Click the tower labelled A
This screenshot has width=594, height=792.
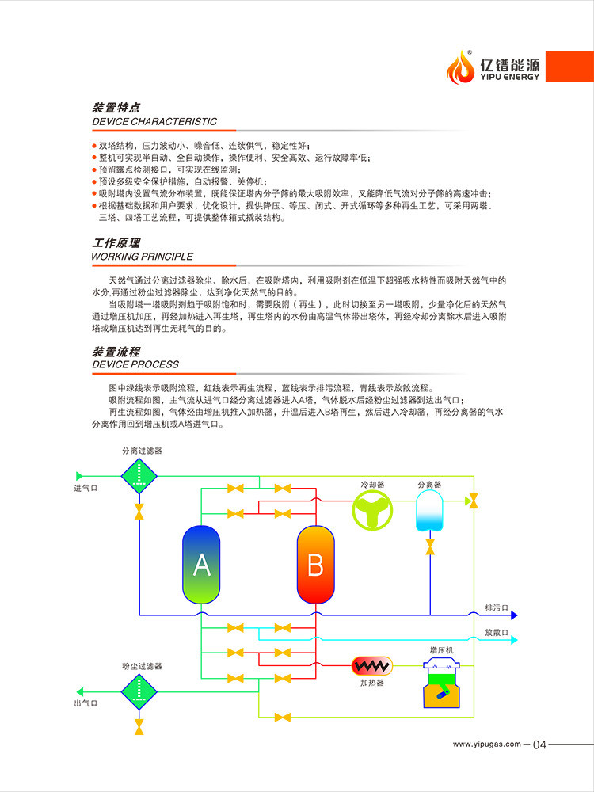tap(202, 565)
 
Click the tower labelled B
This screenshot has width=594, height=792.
tap(315, 565)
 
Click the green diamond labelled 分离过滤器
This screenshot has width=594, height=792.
tap(139, 476)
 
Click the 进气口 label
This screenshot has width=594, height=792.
tap(86, 488)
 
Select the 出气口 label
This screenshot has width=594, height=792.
tap(86, 703)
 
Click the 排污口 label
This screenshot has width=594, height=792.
tap(497, 608)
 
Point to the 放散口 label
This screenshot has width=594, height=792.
tap(497, 633)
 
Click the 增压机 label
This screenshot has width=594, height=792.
tap(441, 650)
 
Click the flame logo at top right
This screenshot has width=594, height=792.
tap(458, 67)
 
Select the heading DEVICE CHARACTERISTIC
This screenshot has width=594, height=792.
tap(154, 122)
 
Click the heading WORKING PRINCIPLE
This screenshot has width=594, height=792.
tap(143, 257)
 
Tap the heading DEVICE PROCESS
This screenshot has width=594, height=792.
tap(135, 364)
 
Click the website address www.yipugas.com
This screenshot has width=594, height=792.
tap(486, 744)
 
